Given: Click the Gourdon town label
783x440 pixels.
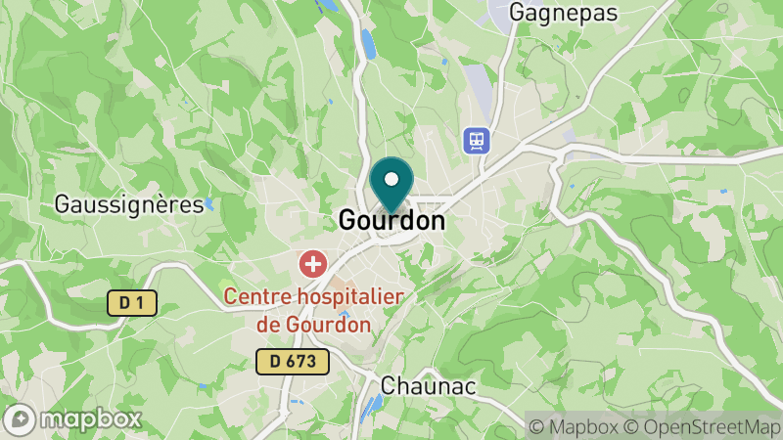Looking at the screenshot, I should tap(391, 221).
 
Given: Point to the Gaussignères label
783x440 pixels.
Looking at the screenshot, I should tap(129, 204).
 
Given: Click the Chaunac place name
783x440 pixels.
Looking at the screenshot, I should tap(428, 386).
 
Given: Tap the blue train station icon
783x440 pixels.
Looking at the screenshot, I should tap(477, 140).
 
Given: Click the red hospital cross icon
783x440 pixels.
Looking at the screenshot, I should tap(313, 263).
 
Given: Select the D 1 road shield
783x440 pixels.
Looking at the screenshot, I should tap(132, 304).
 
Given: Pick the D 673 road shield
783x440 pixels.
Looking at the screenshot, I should tap(293, 362).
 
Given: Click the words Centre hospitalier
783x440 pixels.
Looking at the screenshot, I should tap(313, 296).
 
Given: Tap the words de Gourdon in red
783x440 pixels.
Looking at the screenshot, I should tap(314, 324).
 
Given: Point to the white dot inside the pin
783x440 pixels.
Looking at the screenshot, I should tap(392, 179).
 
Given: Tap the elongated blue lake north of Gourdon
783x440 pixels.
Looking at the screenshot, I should tap(368, 44).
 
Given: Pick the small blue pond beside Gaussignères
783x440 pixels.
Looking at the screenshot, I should tap(208, 205).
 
